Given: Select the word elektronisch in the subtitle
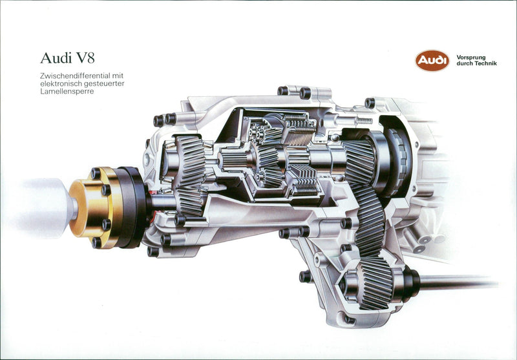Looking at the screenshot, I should (x=63, y=84).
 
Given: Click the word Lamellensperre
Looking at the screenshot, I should (x=67, y=92).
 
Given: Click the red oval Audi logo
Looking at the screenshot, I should (x=432, y=61).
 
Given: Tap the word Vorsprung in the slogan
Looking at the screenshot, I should (x=471, y=58).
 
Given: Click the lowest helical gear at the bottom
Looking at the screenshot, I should (x=375, y=284).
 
